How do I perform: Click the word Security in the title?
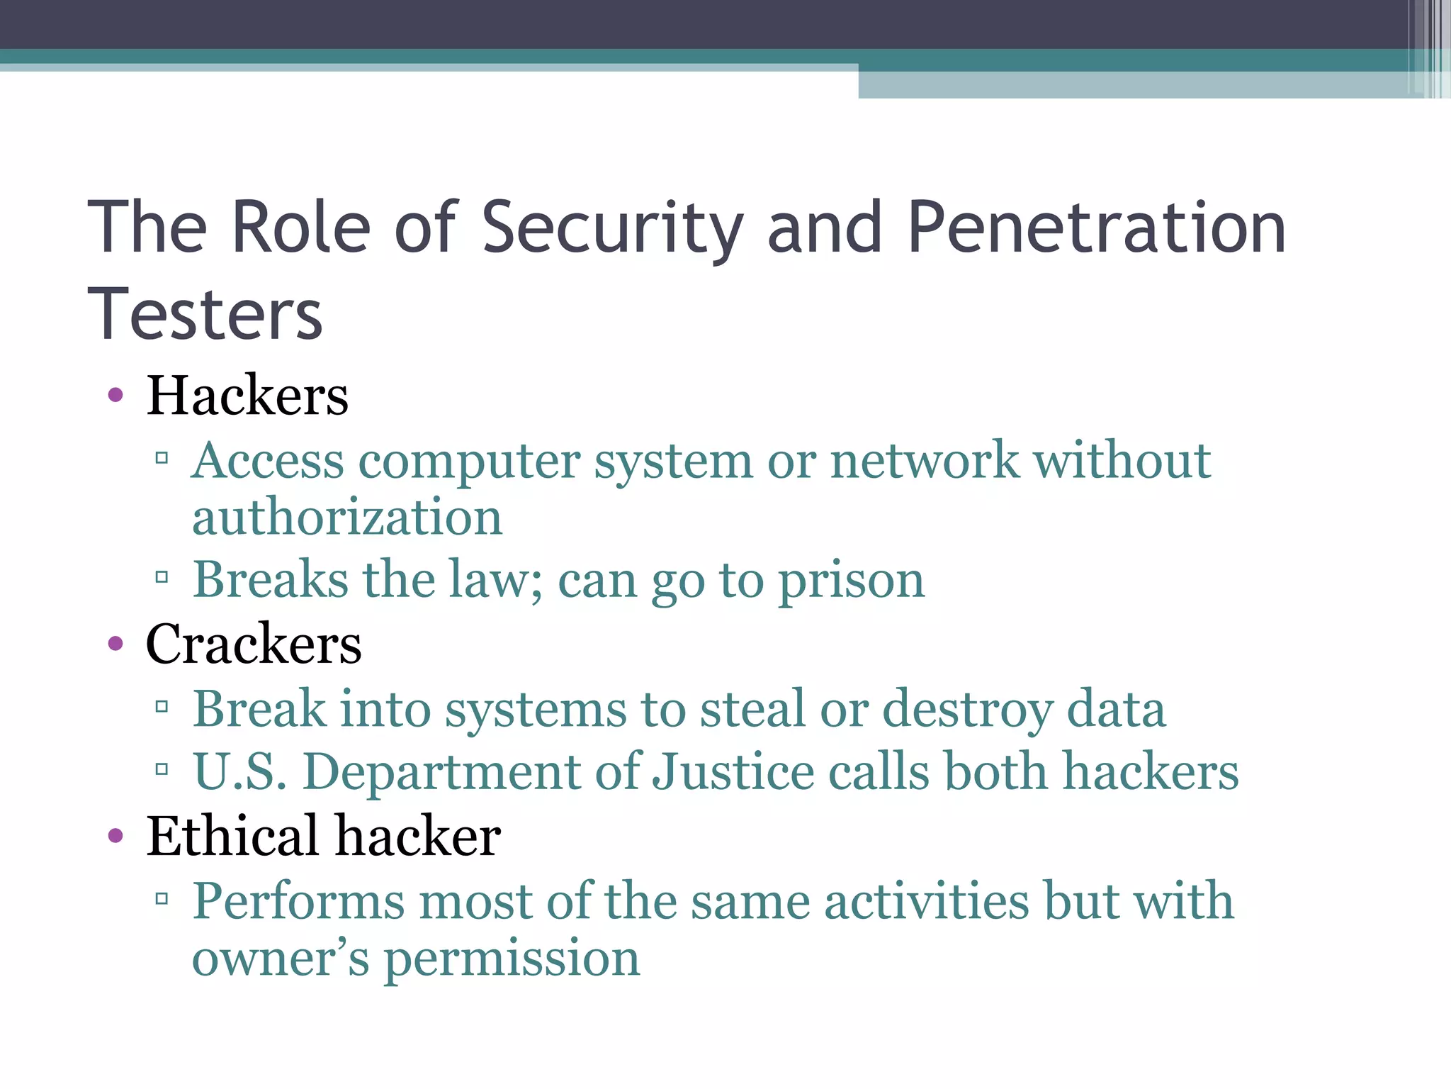point(612,228)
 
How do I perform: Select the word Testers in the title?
point(205,314)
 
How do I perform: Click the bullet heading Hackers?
point(247,395)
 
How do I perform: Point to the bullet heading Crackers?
point(254,644)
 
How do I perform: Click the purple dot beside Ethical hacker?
point(115,836)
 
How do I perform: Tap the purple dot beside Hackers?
point(115,395)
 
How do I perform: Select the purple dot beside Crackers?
point(115,644)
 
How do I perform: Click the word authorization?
point(347,518)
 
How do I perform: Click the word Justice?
point(733,771)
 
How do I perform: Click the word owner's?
point(281,959)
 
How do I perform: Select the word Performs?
point(299,902)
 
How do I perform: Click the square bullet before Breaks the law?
point(162,577)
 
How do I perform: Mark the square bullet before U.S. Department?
point(162,769)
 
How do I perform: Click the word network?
point(925,461)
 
